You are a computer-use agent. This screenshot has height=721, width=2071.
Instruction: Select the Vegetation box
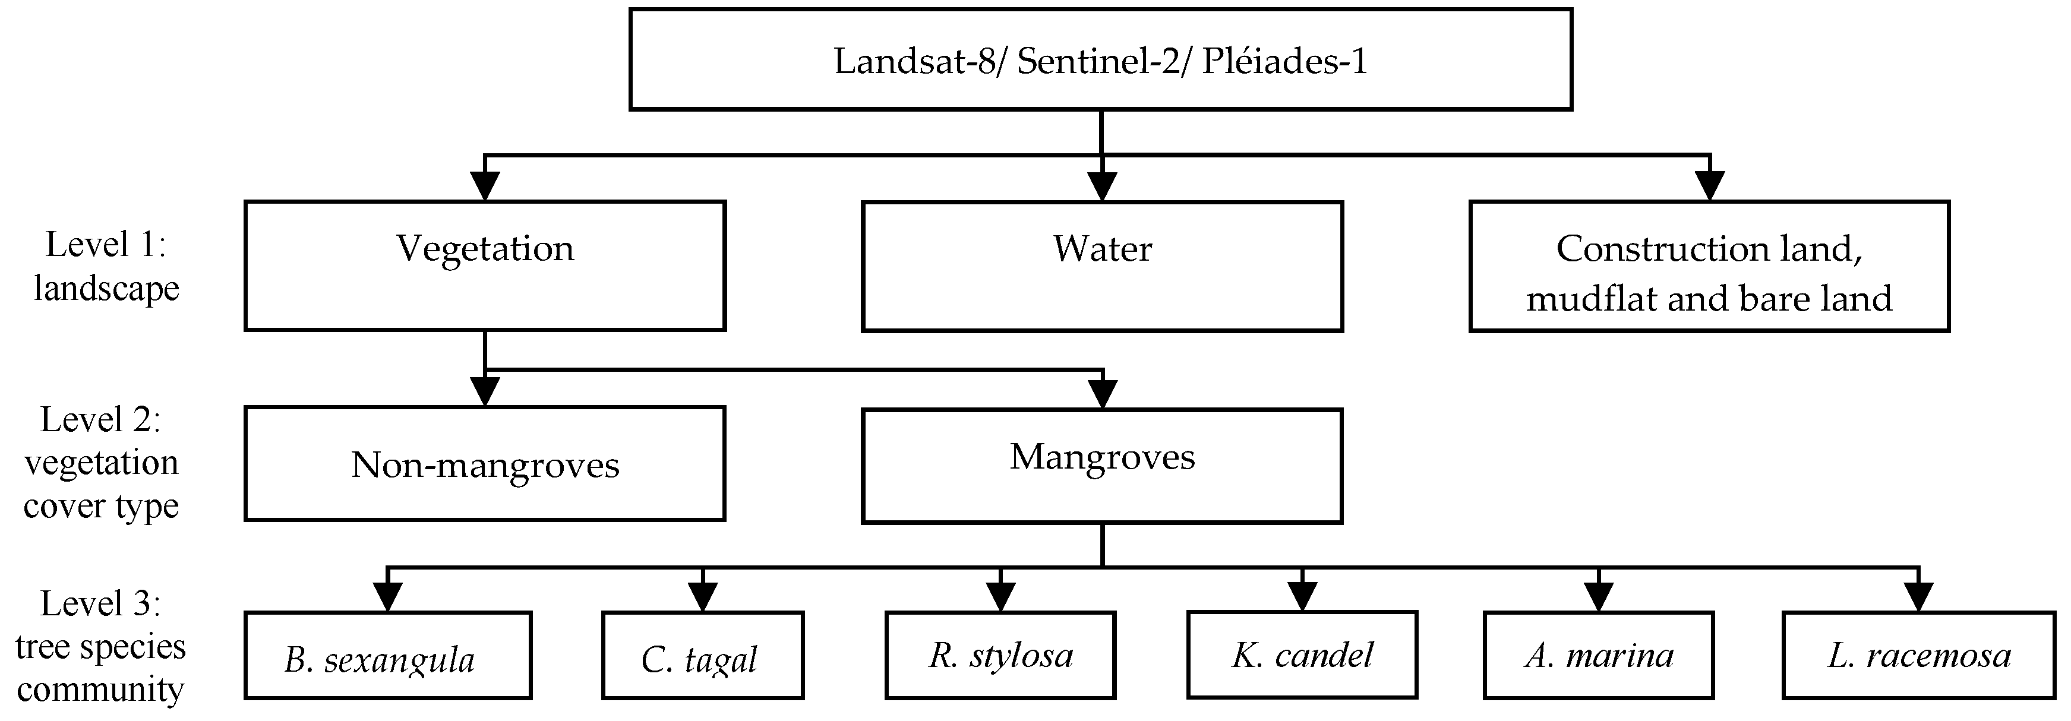click(x=485, y=265)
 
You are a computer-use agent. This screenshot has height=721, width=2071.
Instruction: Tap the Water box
click(x=1101, y=266)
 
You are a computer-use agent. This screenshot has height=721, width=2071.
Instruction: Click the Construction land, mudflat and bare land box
click(x=1709, y=266)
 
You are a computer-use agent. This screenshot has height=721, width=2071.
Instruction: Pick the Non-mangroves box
click(x=485, y=464)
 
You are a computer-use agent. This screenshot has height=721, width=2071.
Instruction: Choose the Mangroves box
click(x=1101, y=466)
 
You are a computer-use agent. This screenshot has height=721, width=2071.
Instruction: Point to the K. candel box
click(x=1302, y=654)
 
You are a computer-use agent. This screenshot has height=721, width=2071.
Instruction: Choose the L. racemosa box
click(x=1918, y=655)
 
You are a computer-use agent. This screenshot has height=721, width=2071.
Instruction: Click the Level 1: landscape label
click(x=106, y=266)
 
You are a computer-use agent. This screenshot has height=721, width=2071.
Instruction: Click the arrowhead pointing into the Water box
click(x=1101, y=186)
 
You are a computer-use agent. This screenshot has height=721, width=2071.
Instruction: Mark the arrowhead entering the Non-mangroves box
click(x=485, y=392)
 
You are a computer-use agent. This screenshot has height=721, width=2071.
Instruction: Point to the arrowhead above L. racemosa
click(x=1918, y=597)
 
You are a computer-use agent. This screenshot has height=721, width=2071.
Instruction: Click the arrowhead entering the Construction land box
click(x=1709, y=186)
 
